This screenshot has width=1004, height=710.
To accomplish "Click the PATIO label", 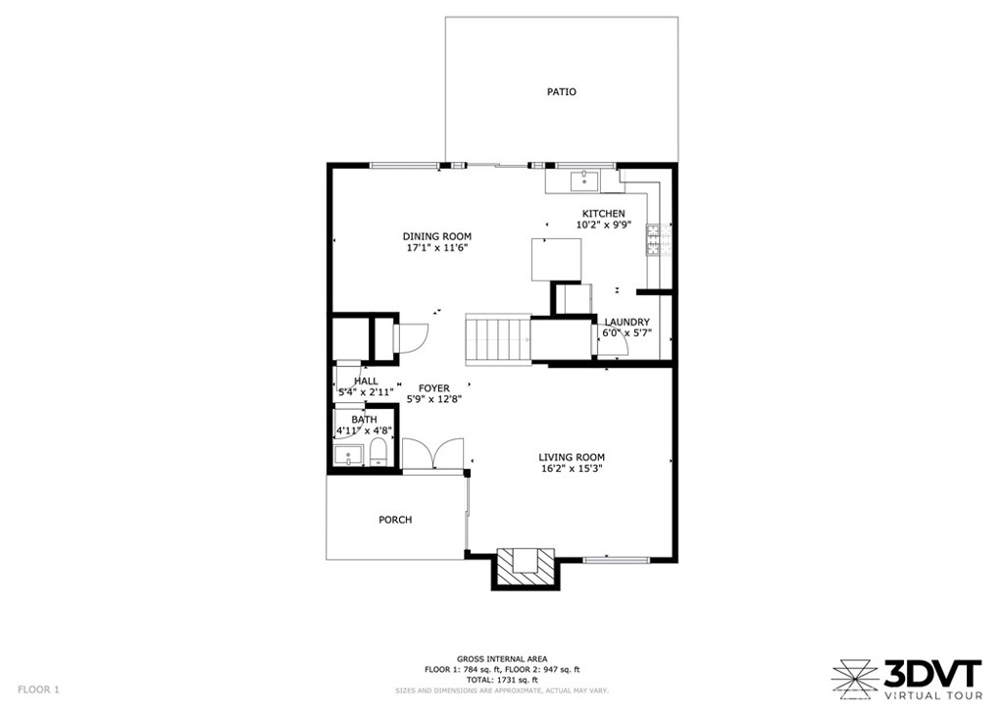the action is tap(561, 91).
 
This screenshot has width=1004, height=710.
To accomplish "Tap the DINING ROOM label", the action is tap(436, 236).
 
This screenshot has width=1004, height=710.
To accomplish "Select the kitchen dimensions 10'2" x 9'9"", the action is tap(603, 225).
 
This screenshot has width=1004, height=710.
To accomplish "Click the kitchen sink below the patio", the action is tap(584, 181).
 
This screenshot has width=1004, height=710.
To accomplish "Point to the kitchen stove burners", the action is tap(652, 239).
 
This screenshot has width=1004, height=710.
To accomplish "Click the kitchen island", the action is tap(557, 259).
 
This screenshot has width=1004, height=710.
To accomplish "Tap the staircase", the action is tap(498, 339).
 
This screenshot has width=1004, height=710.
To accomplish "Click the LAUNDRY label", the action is tap(627, 322).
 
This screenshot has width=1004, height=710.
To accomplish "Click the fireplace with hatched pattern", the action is tap(526, 567).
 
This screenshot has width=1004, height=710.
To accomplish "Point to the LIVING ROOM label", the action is tap(572, 457).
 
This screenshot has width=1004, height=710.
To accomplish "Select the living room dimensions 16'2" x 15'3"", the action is tap(572, 468).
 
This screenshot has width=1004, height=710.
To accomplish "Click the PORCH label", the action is tap(395, 519).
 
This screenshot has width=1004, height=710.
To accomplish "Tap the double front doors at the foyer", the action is tap(432, 454).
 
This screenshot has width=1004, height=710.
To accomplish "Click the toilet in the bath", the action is tap(379, 453).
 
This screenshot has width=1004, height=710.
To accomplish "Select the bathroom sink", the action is tap(348, 456).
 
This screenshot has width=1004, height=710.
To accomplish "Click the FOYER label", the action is tap(434, 388).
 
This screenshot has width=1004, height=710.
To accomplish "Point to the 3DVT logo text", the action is tap(932, 674).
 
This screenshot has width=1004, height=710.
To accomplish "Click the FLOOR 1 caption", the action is tap(38, 689).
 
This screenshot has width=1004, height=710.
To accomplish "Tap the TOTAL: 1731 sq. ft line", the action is tap(502, 680).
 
